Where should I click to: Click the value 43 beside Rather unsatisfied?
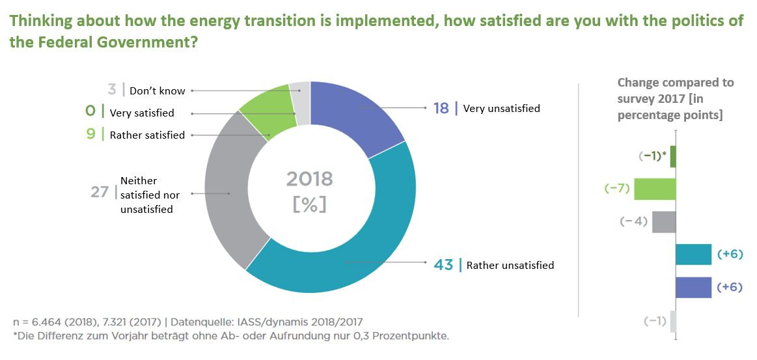[443, 265]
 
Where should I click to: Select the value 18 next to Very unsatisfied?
[441, 108]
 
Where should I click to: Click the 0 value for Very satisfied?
[90, 112]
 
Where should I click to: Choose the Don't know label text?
[157, 91]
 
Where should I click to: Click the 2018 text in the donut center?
[309, 179]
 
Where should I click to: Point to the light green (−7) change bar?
[655, 189]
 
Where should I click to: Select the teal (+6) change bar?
[693, 255]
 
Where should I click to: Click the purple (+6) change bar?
[693, 287]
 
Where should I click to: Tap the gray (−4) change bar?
[664, 222]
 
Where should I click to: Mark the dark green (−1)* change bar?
[673, 156]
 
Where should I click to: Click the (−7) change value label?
[616, 189]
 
